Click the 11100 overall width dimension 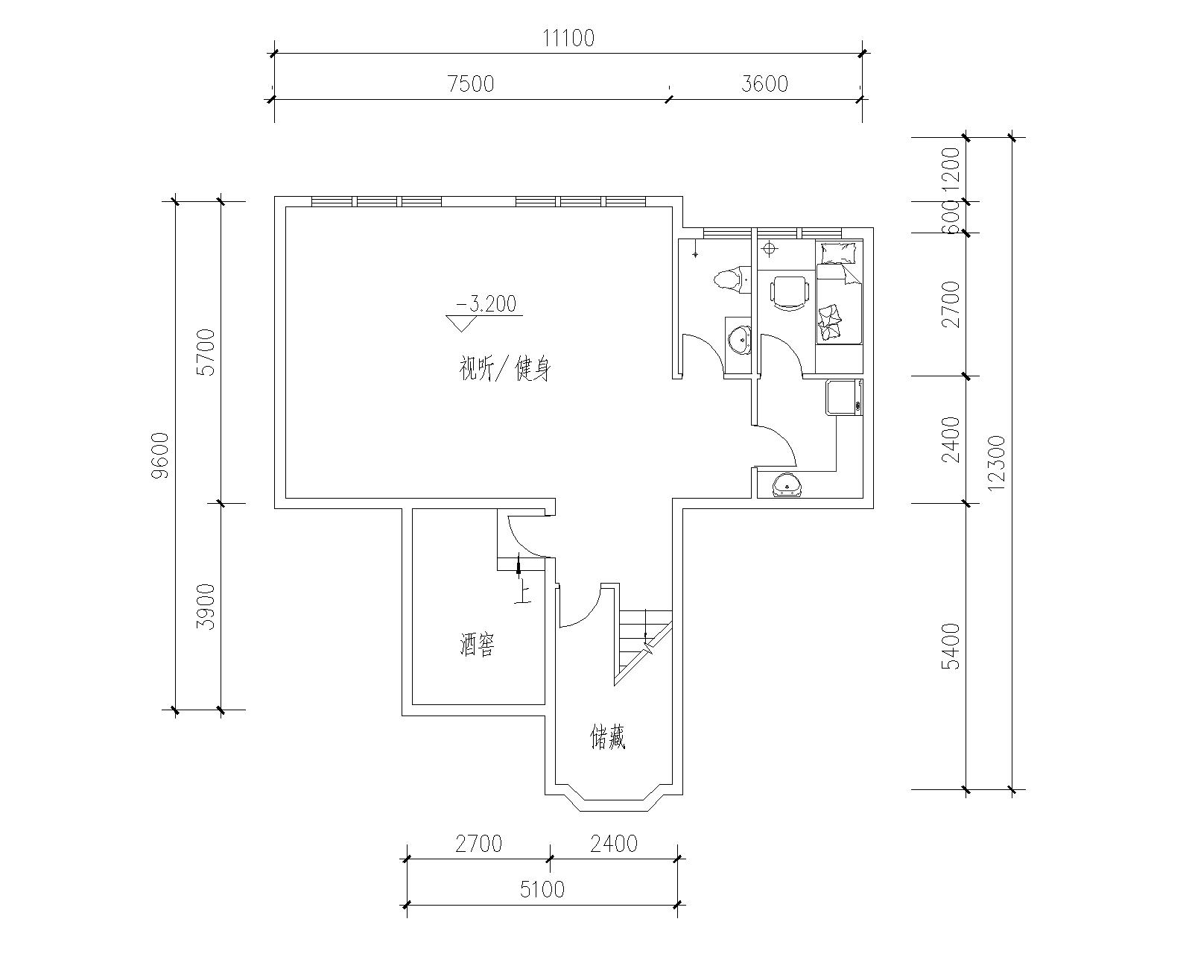[568, 38]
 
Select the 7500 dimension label [471, 84]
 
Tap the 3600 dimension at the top [764, 84]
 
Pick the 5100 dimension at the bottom [542, 889]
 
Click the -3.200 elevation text [486, 304]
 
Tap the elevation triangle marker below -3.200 [461, 323]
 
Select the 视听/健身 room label [504, 369]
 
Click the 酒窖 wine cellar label [477, 645]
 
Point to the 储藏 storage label [608, 738]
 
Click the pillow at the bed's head [839, 253]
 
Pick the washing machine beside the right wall [843, 397]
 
